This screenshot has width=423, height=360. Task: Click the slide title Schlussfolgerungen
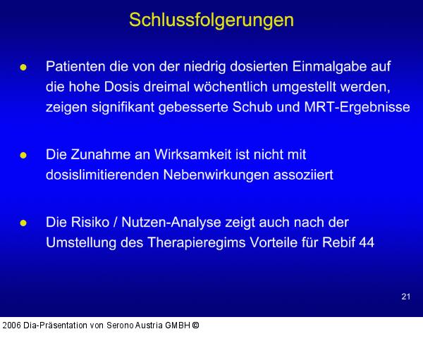pos(211,20)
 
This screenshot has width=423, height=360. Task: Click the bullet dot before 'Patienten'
pos(23,68)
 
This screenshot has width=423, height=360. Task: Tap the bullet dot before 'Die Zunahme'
pos(23,154)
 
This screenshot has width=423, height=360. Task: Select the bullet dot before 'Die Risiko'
pos(23,223)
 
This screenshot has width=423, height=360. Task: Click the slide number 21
pos(405,297)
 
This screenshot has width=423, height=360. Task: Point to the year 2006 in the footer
pos(12,325)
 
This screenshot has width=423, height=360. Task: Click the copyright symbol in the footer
pos(195,325)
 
